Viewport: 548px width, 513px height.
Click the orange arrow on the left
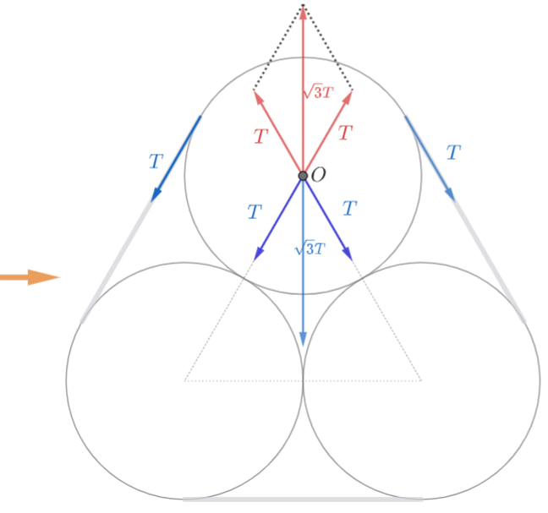coord(30,276)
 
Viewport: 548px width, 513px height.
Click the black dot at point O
coord(303,176)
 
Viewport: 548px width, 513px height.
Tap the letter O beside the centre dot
coord(319,175)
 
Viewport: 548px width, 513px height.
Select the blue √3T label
coord(310,249)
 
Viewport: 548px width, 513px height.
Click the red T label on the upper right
coord(345,133)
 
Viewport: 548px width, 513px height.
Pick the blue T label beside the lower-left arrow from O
coord(254,212)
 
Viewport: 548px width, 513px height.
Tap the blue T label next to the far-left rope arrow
coord(155,161)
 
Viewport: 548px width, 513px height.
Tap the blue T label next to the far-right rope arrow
coord(453,153)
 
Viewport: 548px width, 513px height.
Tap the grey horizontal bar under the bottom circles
coord(303,499)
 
